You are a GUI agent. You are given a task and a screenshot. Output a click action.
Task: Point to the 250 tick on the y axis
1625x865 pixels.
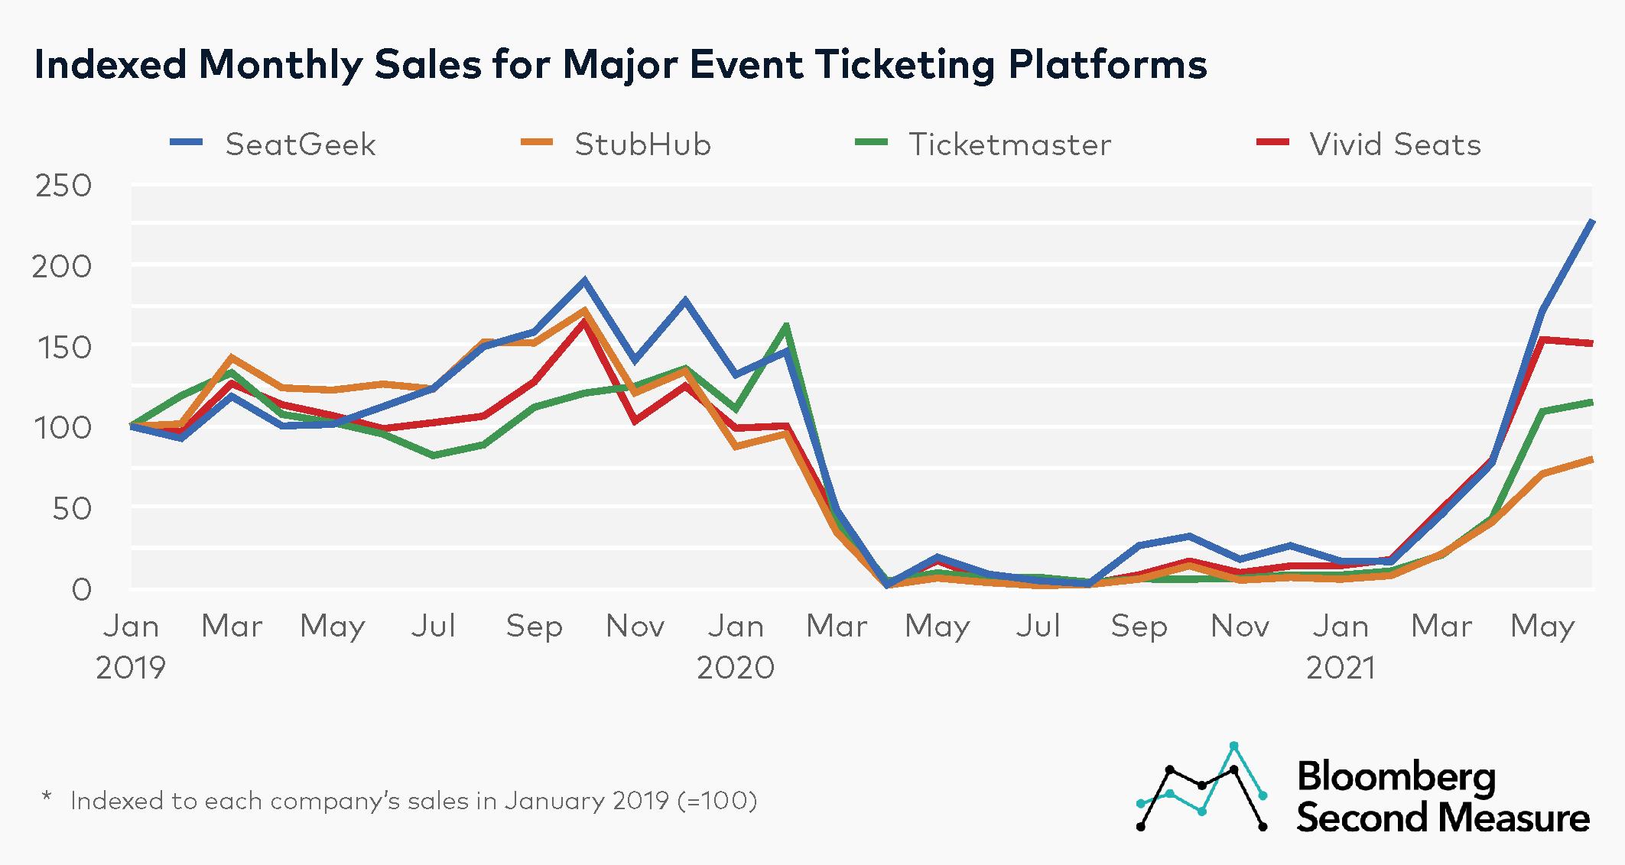click(x=63, y=186)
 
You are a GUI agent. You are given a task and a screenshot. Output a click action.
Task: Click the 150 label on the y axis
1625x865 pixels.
click(x=63, y=348)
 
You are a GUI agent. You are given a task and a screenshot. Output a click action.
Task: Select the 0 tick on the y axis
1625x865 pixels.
click(x=81, y=590)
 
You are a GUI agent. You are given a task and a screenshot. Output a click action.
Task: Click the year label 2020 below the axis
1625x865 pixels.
click(x=735, y=668)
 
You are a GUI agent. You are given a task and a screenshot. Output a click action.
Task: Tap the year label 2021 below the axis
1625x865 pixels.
click(x=1340, y=668)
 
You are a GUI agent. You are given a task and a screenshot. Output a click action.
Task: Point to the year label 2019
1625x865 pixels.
click(x=131, y=668)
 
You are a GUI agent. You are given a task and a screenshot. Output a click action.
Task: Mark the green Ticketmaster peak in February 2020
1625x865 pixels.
click(x=786, y=326)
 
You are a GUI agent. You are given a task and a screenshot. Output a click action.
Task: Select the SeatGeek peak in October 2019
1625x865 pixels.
click(x=584, y=280)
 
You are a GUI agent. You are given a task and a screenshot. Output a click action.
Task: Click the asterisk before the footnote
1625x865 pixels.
click(x=47, y=798)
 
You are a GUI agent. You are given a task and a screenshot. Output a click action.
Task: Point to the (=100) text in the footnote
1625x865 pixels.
click(x=717, y=801)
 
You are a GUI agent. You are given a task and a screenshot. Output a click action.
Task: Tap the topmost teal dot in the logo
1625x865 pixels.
click(x=1233, y=745)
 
